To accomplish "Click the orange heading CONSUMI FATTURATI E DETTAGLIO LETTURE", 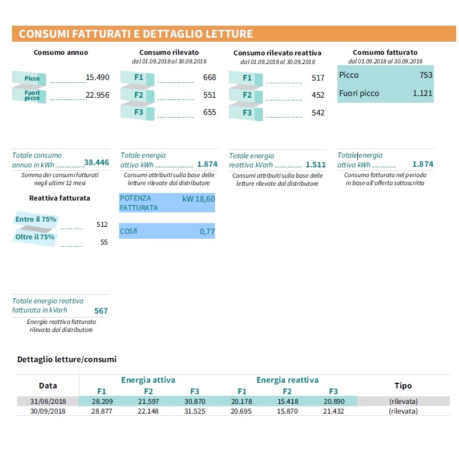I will point(136,34).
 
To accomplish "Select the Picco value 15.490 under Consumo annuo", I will point(97,77).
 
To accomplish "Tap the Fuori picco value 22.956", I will point(97,95).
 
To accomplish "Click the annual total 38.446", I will point(96,162).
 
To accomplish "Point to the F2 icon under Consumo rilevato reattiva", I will point(247,95).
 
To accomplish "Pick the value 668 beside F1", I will point(210,77).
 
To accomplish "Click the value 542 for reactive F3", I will point(318,113).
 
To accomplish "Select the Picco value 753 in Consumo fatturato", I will point(425,75).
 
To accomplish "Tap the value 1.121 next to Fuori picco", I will point(422,93).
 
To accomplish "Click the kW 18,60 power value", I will point(199,199).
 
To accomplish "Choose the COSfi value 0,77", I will point(207,231).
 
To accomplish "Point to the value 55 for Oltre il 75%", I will point(104,242).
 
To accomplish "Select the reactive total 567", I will point(101,311).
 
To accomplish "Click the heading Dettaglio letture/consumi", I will point(67,359).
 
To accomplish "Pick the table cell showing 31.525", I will point(195,411).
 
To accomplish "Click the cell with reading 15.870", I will point(287,411).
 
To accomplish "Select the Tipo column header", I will point(403,386).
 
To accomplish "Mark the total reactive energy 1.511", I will point(316,164).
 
